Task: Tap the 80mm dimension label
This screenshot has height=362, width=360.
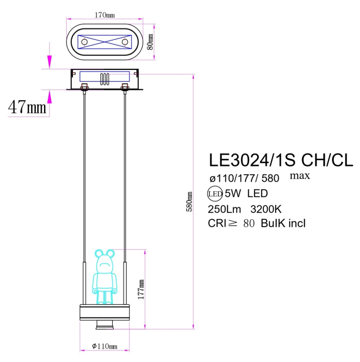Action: click(151, 42)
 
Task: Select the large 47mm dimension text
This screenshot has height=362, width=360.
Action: click(27, 107)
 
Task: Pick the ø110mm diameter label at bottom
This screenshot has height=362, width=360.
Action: click(105, 346)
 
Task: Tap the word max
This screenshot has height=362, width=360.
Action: click(299, 176)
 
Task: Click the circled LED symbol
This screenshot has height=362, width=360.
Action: click(215, 194)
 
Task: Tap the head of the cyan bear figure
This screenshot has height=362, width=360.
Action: click(105, 258)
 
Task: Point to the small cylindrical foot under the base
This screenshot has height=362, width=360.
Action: click(105, 325)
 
